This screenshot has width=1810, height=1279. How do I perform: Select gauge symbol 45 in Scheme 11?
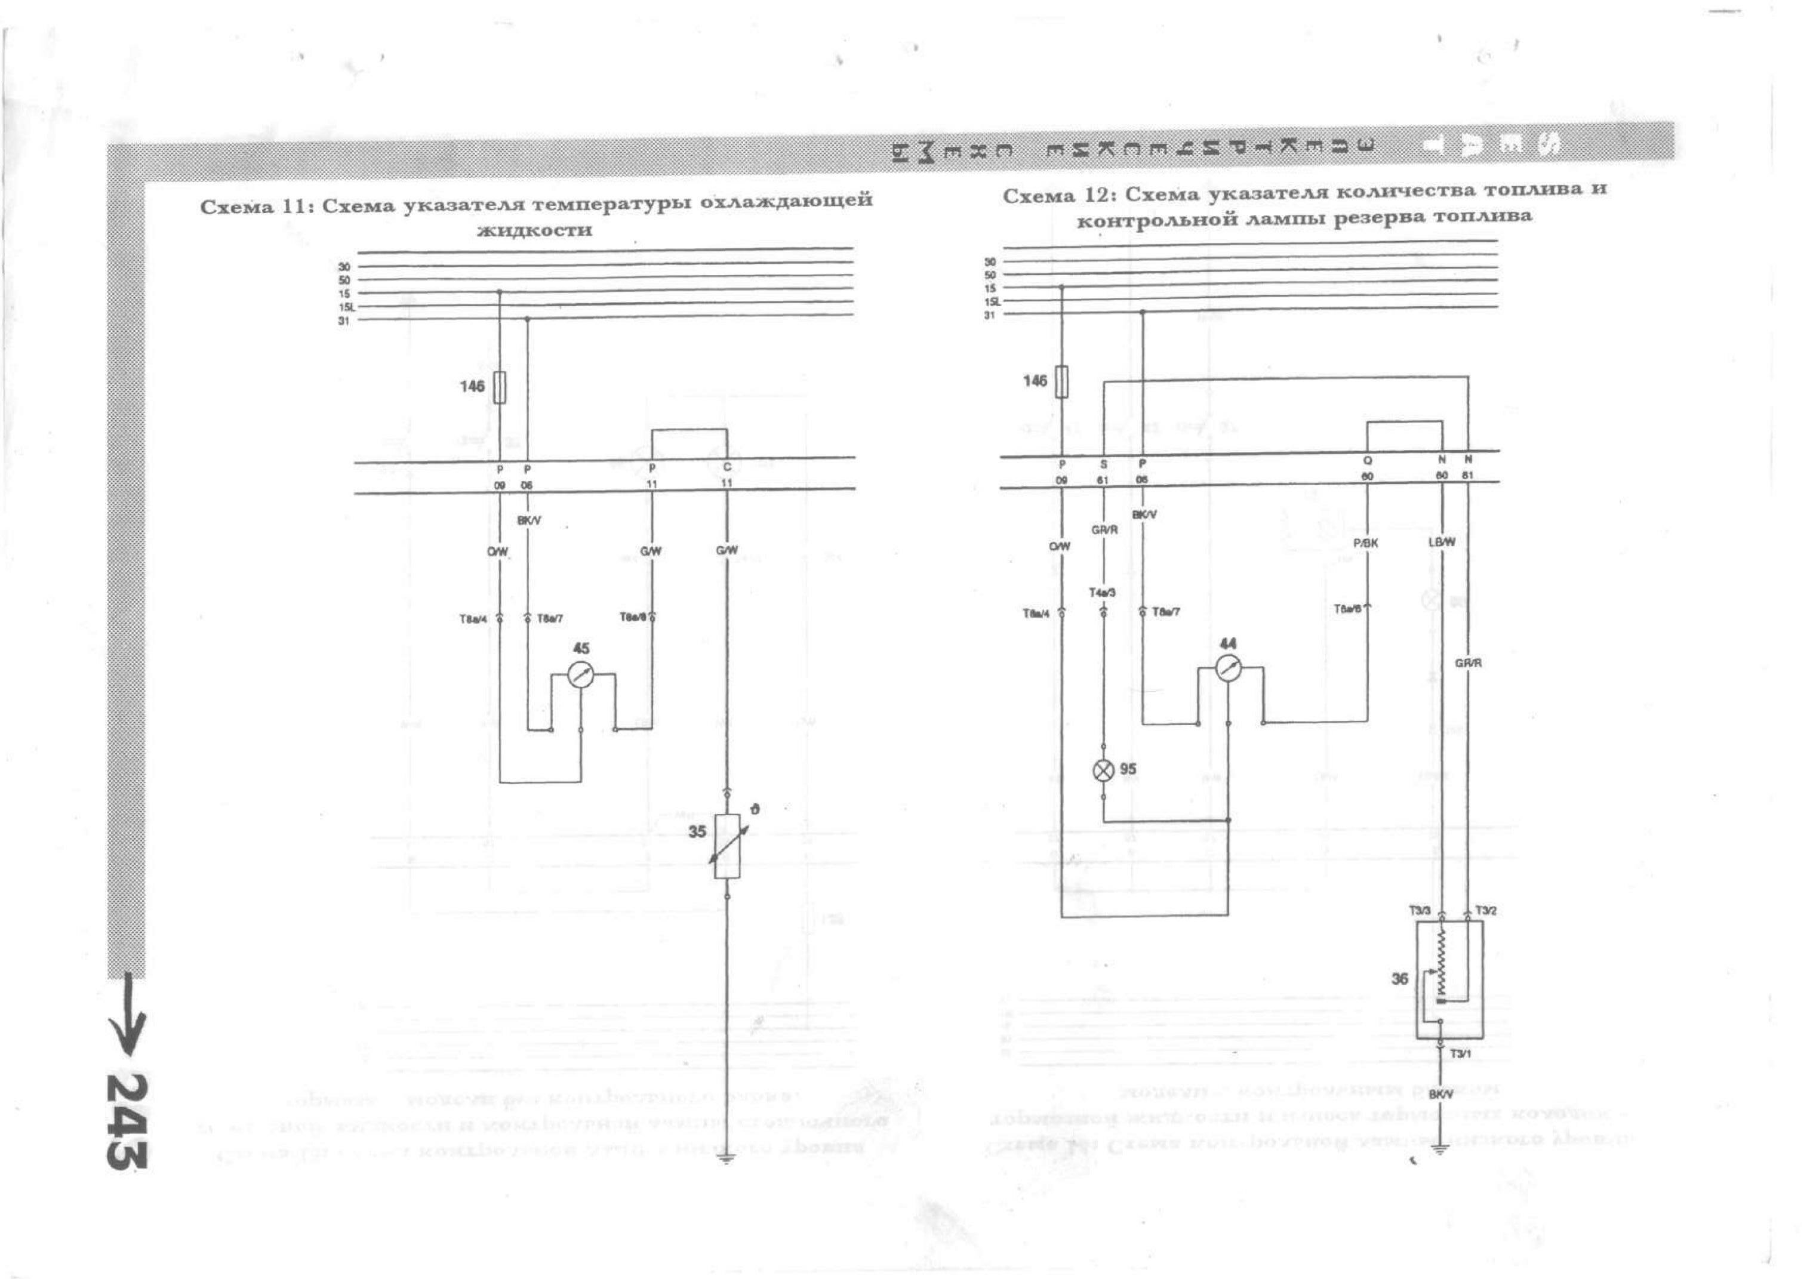tap(581, 674)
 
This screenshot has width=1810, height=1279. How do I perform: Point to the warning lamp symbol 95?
tap(1104, 771)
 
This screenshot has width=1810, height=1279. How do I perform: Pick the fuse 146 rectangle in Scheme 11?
tap(499, 387)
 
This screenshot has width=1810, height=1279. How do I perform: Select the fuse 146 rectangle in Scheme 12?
tap(1062, 381)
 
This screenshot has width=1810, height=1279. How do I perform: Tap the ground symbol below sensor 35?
tap(726, 1158)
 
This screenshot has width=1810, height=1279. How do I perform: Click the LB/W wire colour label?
tap(1441, 542)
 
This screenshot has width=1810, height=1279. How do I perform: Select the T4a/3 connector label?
tap(1102, 593)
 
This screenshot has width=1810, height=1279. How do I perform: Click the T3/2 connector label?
tap(1485, 911)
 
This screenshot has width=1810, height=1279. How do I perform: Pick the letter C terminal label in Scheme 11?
tap(727, 467)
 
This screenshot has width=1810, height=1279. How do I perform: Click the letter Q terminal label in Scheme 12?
tap(1367, 461)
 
